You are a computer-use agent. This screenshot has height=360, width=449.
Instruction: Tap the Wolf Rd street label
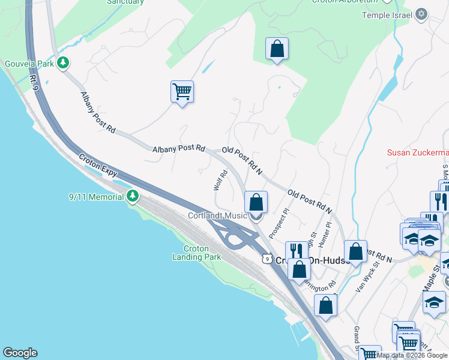pyautogui.click(x=220, y=181)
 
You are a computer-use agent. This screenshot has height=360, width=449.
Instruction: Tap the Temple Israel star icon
pyautogui.click(x=421, y=14)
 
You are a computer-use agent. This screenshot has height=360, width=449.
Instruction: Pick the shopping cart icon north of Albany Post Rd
pyautogui.click(x=182, y=92)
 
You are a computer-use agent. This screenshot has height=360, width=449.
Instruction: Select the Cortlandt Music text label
pyautogui.click(x=217, y=215)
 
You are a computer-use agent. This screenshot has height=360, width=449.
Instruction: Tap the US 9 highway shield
pyautogui.click(x=267, y=257)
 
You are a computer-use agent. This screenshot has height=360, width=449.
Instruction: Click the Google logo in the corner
pyautogui.click(x=20, y=353)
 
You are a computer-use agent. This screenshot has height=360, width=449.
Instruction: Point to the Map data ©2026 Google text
pyautogui.click(x=412, y=355)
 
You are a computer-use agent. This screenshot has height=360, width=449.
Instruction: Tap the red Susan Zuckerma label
pyautogui.click(x=417, y=152)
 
